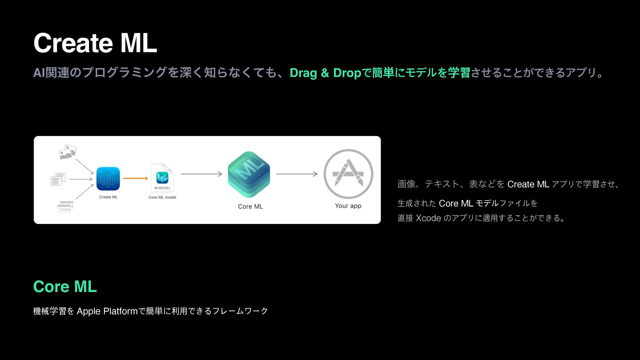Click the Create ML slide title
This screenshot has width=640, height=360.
95,43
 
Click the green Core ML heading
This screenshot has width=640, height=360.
65,287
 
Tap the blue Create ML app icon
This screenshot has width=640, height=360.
108,179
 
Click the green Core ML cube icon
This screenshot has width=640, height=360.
249,174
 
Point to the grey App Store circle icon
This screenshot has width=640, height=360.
348,174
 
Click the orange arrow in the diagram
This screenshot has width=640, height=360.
135,178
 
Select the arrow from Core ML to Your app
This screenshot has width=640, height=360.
297,174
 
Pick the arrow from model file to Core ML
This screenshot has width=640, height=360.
201,174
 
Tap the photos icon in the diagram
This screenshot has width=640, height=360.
67,152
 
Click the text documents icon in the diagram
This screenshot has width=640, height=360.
58,179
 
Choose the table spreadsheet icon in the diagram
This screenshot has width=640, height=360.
65,207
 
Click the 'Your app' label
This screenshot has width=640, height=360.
348,206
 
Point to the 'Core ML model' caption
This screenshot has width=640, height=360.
162,197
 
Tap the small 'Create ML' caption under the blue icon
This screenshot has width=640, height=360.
108,197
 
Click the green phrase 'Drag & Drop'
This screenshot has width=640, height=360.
325,73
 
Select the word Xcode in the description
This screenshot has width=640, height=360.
428,218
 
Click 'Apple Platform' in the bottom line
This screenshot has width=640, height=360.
107,311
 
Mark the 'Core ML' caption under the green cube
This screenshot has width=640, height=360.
250,206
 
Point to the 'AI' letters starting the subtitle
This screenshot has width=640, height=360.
39,73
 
